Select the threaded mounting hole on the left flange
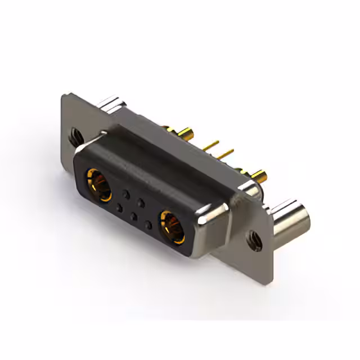75,135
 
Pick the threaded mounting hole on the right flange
254,240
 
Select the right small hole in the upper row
142,202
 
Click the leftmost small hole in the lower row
119,208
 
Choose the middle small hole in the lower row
133,216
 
